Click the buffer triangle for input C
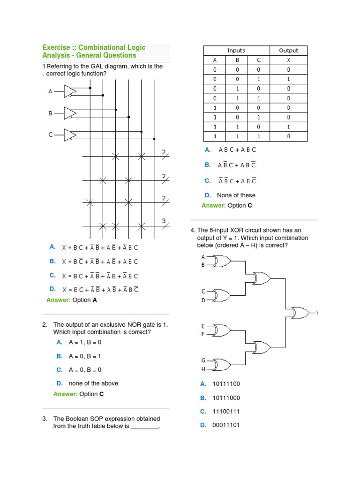pos(69,135)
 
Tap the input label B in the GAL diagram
pos(50,113)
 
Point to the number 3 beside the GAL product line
pos(164,220)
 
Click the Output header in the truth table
pos(289,51)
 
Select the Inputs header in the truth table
pos(236,51)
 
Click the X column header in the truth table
pos(289,60)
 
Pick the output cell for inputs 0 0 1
pos(289,79)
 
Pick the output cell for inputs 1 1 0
pos(289,127)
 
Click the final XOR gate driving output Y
pos(300,312)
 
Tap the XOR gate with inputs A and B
pos(221,261)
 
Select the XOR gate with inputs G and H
pos(221,365)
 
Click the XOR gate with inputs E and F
pos(221,330)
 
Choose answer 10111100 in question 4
pos(226,384)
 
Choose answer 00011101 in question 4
pos(226,425)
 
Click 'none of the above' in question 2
pos(93,383)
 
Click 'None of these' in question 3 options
pos(236,195)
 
